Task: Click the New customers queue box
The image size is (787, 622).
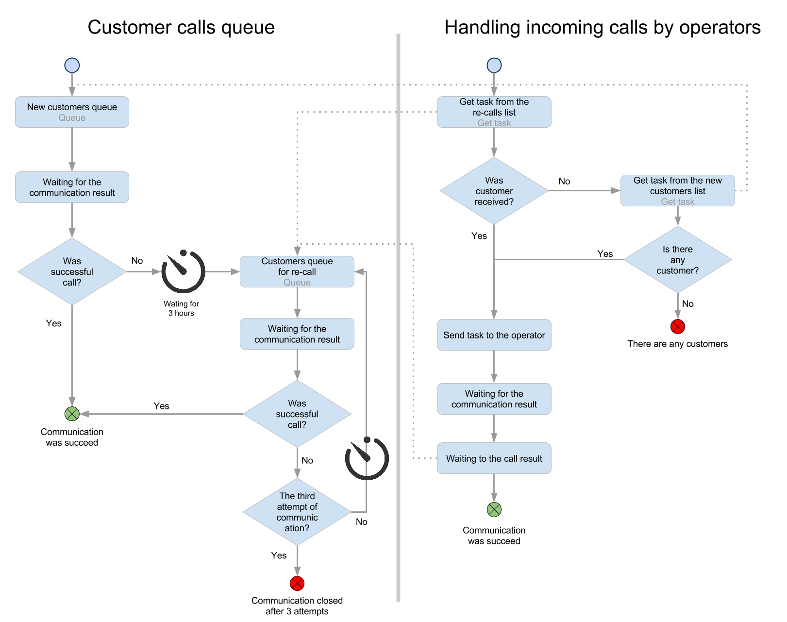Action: tap(72, 112)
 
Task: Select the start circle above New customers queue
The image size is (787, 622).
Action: tap(72, 65)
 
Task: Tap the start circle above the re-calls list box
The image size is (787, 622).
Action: tap(494, 65)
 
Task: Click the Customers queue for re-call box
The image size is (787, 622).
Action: tap(297, 271)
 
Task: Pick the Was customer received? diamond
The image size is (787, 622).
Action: tap(494, 191)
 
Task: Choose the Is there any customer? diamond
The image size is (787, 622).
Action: tap(677, 260)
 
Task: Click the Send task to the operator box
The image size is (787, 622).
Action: tap(494, 335)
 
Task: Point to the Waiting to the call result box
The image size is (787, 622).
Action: tap(494, 458)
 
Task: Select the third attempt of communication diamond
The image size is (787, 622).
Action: tap(297, 512)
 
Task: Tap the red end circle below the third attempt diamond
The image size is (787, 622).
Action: tap(297, 583)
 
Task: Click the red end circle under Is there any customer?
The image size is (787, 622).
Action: tap(677, 327)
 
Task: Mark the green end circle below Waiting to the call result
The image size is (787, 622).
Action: tap(494, 509)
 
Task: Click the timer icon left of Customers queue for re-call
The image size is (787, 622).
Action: tap(183, 271)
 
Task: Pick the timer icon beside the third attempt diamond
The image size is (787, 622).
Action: tap(367, 458)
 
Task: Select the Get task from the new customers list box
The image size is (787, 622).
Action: tap(677, 191)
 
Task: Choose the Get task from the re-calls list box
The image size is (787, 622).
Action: tap(494, 112)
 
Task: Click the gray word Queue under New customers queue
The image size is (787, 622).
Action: tap(72, 118)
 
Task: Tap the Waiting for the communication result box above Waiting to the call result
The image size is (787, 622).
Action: tap(494, 399)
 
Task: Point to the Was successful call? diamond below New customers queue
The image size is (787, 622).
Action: tap(72, 271)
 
